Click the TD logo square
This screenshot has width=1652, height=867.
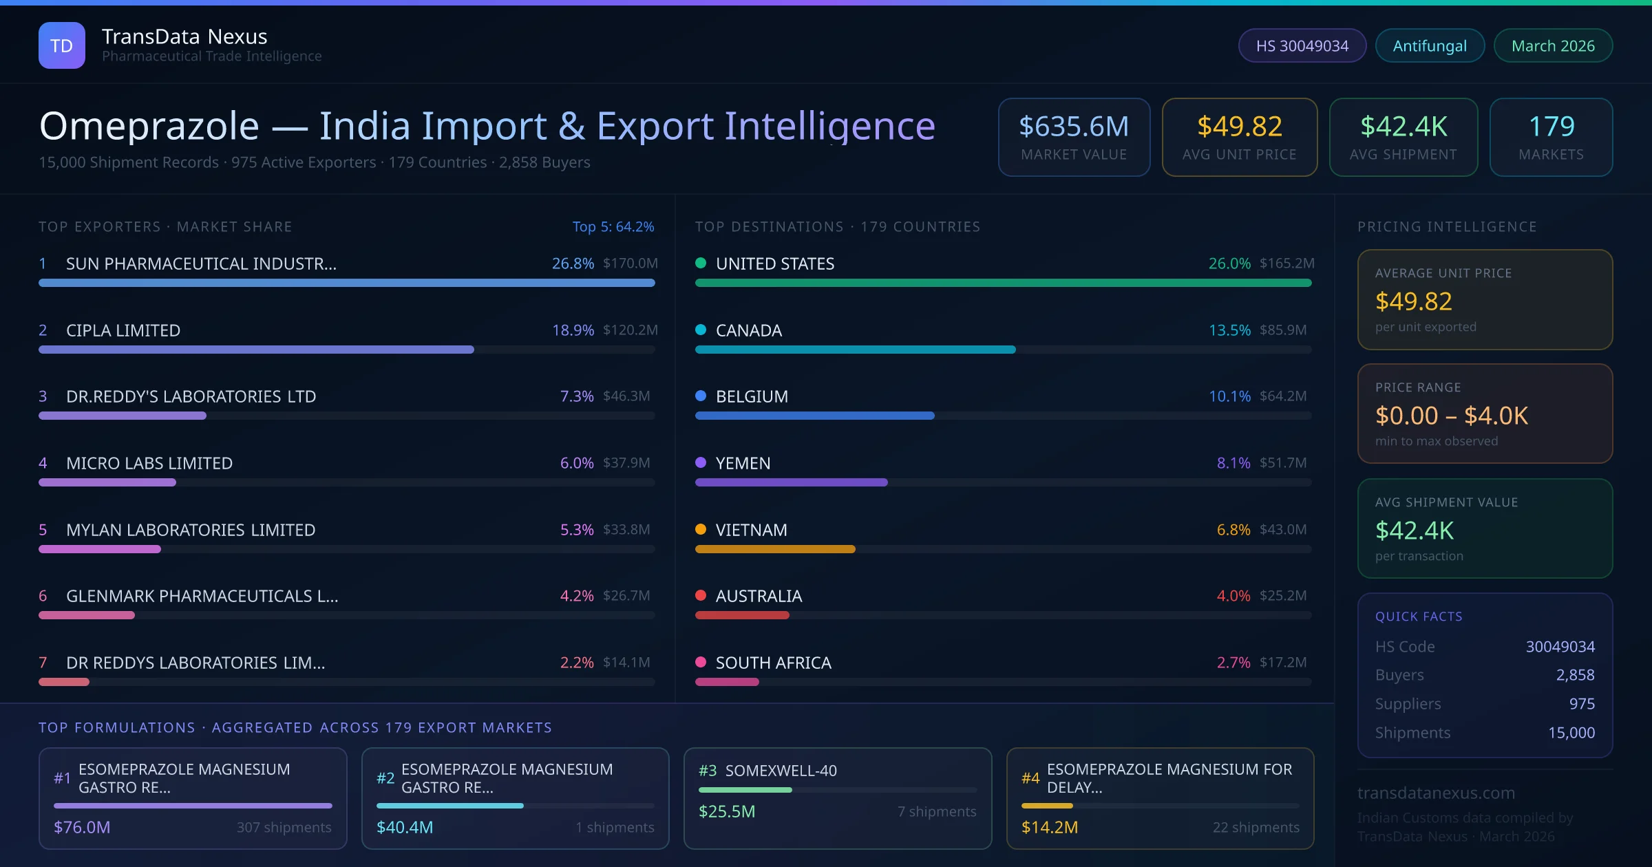(62, 45)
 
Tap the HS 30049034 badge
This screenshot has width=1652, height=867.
(1302, 45)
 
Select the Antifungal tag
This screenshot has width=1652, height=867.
(1430, 45)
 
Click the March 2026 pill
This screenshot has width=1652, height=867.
(1553, 45)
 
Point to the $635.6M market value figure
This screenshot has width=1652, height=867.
(1074, 127)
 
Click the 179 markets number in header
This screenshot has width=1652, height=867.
(1552, 127)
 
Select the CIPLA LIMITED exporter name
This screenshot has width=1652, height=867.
(123, 330)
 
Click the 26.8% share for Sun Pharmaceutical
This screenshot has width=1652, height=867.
(573, 264)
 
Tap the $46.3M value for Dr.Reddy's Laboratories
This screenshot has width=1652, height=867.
(626, 396)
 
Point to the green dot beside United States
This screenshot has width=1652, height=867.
(701, 263)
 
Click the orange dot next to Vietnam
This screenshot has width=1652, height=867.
(701, 529)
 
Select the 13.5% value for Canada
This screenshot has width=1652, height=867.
(1229, 330)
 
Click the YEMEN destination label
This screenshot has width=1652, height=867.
(743, 463)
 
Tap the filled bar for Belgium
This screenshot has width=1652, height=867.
(815, 416)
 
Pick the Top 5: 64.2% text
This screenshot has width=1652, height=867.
(613, 226)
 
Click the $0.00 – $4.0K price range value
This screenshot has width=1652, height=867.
(1451, 416)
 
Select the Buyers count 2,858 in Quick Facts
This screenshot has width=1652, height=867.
(1575, 675)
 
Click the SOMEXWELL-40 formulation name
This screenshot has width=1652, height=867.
(781, 771)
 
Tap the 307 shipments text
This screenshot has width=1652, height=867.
(284, 827)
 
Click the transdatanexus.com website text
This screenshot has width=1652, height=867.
(1436, 793)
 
